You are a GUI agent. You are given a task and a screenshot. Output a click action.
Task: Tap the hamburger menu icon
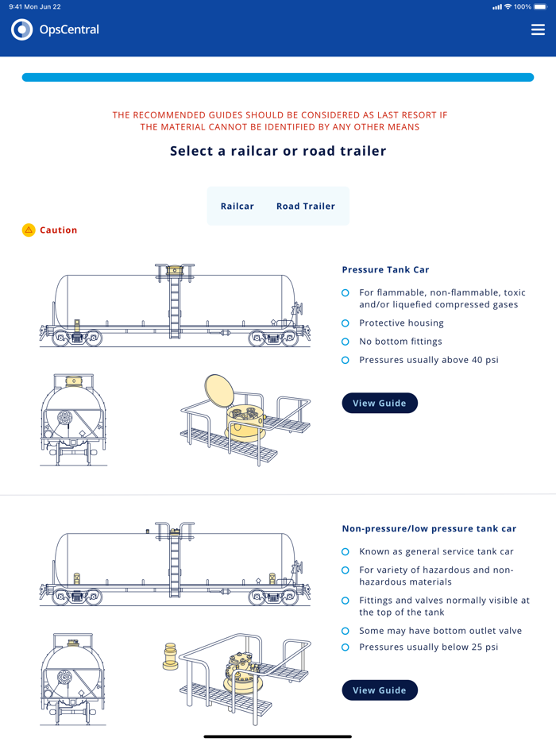pyautogui.click(x=538, y=29)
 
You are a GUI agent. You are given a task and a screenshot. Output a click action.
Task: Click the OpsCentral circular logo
pyautogui.click(x=22, y=29)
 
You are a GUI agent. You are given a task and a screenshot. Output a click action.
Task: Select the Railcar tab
pyautogui.click(x=237, y=206)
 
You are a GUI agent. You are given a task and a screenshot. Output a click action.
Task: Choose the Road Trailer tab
pyautogui.click(x=306, y=206)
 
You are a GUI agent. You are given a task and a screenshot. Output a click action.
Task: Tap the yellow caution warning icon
pyautogui.click(x=29, y=230)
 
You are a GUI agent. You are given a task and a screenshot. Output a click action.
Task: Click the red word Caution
pyautogui.click(x=59, y=230)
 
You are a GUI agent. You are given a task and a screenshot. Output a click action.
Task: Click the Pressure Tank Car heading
pyautogui.click(x=385, y=269)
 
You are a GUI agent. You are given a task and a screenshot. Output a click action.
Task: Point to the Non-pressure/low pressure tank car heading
pyautogui.click(x=429, y=528)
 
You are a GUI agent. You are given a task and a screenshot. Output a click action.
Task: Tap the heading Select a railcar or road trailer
pyautogui.click(x=278, y=150)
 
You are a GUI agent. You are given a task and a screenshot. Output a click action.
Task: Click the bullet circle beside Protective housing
pyautogui.click(x=346, y=323)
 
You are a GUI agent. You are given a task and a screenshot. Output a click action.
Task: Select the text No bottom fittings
pyautogui.click(x=400, y=342)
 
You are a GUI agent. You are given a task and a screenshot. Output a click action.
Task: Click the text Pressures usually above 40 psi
pyautogui.click(x=429, y=360)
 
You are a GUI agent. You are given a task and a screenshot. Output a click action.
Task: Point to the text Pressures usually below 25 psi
pyautogui.click(x=429, y=647)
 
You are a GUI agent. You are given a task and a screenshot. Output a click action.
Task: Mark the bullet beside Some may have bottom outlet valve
pyautogui.click(x=346, y=631)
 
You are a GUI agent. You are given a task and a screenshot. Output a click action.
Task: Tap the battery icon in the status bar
pyautogui.click(x=541, y=6)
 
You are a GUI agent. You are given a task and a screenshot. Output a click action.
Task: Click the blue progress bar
pyautogui.click(x=278, y=77)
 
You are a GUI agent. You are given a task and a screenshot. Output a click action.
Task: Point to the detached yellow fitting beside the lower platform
pyautogui.click(x=170, y=656)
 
